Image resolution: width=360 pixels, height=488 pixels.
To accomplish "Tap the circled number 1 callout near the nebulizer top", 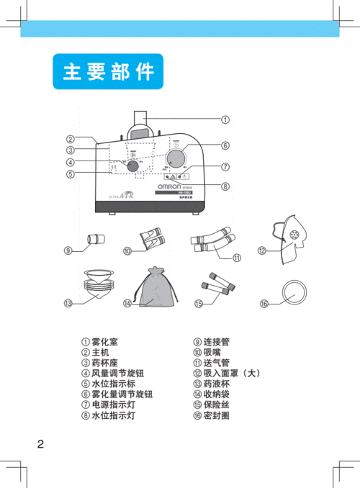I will point(225,119).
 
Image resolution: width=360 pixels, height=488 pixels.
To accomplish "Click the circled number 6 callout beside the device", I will point(225,145).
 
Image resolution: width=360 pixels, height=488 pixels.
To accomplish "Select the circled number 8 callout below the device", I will point(225,187).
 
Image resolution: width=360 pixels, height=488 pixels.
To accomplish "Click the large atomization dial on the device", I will point(176,158).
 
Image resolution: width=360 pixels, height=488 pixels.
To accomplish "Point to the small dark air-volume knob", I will point(134,165).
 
